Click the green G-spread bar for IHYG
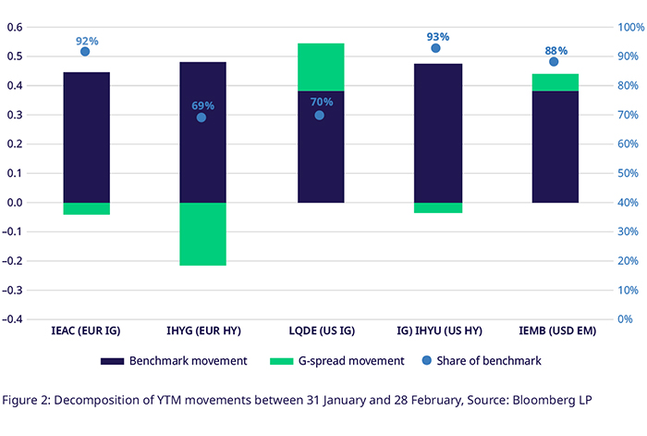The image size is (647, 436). click(202, 234)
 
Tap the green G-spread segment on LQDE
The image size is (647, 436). click(320, 67)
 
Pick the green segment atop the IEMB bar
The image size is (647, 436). click(555, 82)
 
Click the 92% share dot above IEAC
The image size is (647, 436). click(85, 52)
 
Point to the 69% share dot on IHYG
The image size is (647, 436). click(201, 118)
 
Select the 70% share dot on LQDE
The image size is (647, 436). click(320, 115)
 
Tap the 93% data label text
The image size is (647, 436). click(438, 37)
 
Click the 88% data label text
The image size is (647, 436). click(555, 50)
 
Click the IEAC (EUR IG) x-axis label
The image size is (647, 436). click(86, 330)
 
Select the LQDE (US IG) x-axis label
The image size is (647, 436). click(320, 330)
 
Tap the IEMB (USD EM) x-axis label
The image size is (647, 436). click(555, 330)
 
